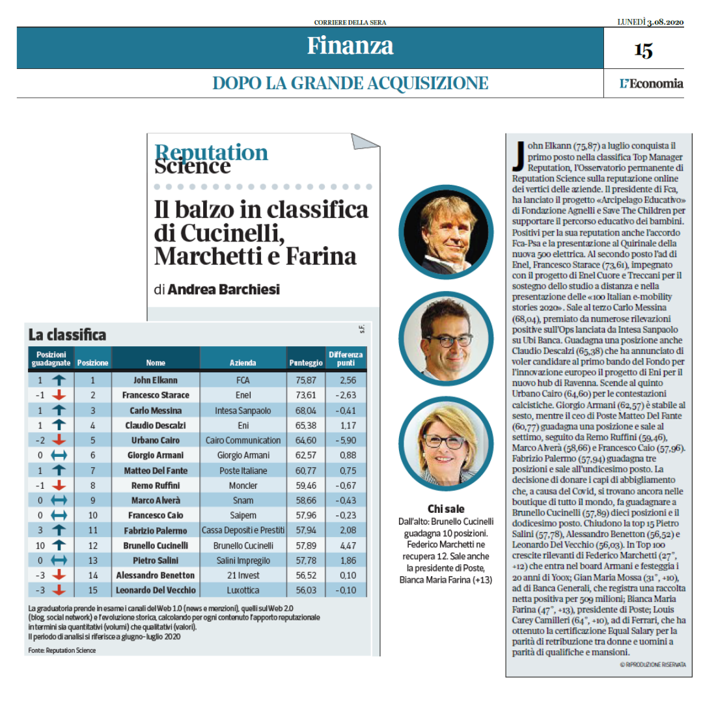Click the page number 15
pos(643,50)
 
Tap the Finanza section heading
pos(350,46)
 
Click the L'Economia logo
pos(652,83)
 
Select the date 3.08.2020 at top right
pos(665,22)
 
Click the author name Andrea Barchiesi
pos(224,290)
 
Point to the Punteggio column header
pos(306,363)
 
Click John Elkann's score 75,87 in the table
pos(306,380)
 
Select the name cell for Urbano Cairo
pos(156,440)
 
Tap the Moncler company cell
pos(243,486)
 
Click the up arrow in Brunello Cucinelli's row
pos(59,545)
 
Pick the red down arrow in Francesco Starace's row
pos(59,395)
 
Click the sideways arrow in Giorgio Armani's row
pos(59,455)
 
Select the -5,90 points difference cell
pos(346,440)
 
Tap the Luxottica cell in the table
pos(243,590)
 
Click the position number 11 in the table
pos(93,531)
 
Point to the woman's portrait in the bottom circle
pos(446,443)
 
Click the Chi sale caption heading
pos(446,509)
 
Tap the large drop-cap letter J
pos(519,156)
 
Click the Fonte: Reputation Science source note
pos(62,650)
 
